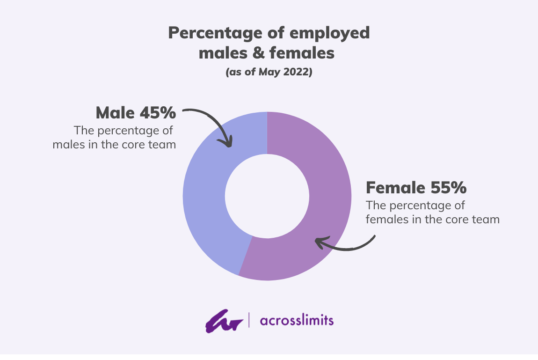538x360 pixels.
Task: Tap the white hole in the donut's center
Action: tap(267, 196)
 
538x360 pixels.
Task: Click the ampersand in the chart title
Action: tap(255, 53)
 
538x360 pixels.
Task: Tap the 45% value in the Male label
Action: tap(158, 113)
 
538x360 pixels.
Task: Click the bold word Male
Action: tap(115, 113)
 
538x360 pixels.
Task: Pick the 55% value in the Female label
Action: tap(449, 188)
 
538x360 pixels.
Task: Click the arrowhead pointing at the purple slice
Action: tap(322, 242)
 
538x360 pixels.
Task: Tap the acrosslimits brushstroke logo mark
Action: tap(224, 321)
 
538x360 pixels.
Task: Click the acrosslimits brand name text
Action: tap(297, 321)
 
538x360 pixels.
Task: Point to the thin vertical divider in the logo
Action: tap(249, 320)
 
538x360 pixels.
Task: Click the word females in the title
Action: tap(302, 53)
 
